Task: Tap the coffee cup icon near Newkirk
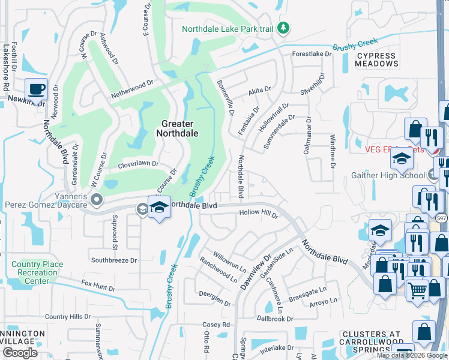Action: pos(37,89)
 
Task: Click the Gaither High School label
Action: pos(387,176)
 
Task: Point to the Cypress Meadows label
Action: pos(376,59)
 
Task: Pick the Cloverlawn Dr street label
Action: pos(138,163)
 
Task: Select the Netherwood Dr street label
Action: pos(132,91)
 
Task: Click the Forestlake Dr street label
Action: pos(312,54)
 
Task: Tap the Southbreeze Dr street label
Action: pos(114,260)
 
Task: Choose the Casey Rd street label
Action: pos(217,325)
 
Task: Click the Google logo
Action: pos(20,353)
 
